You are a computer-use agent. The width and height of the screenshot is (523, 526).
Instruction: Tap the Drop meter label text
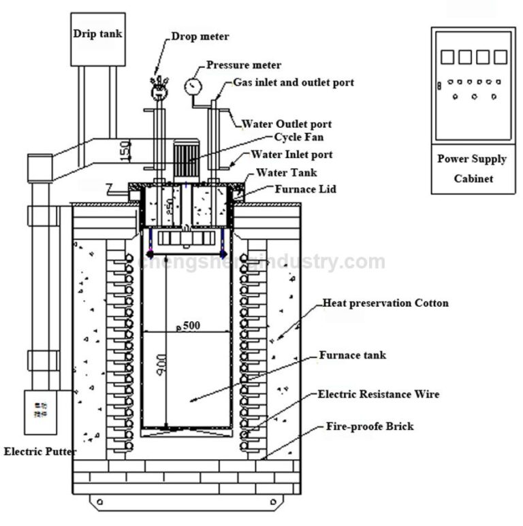[200, 36]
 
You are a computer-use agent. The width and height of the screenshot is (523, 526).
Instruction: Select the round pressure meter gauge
[193, 86]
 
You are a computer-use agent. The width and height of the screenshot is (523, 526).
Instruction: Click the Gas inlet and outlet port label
[294, 82]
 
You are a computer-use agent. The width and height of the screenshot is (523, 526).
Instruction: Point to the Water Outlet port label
[287, 125]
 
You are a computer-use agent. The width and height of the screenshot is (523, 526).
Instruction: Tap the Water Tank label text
[286, 173]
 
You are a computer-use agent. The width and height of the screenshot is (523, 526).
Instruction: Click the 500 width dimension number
[191, 325]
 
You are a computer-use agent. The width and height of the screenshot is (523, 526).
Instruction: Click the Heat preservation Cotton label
[385, 303]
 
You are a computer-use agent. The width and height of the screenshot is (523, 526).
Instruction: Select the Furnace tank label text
[352, 355]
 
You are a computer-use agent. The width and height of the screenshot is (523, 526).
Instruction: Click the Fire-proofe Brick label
[369, 427]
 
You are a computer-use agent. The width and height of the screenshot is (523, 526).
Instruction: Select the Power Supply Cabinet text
[472, 169]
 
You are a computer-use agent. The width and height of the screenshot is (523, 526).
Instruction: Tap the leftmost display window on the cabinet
[447, 56]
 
